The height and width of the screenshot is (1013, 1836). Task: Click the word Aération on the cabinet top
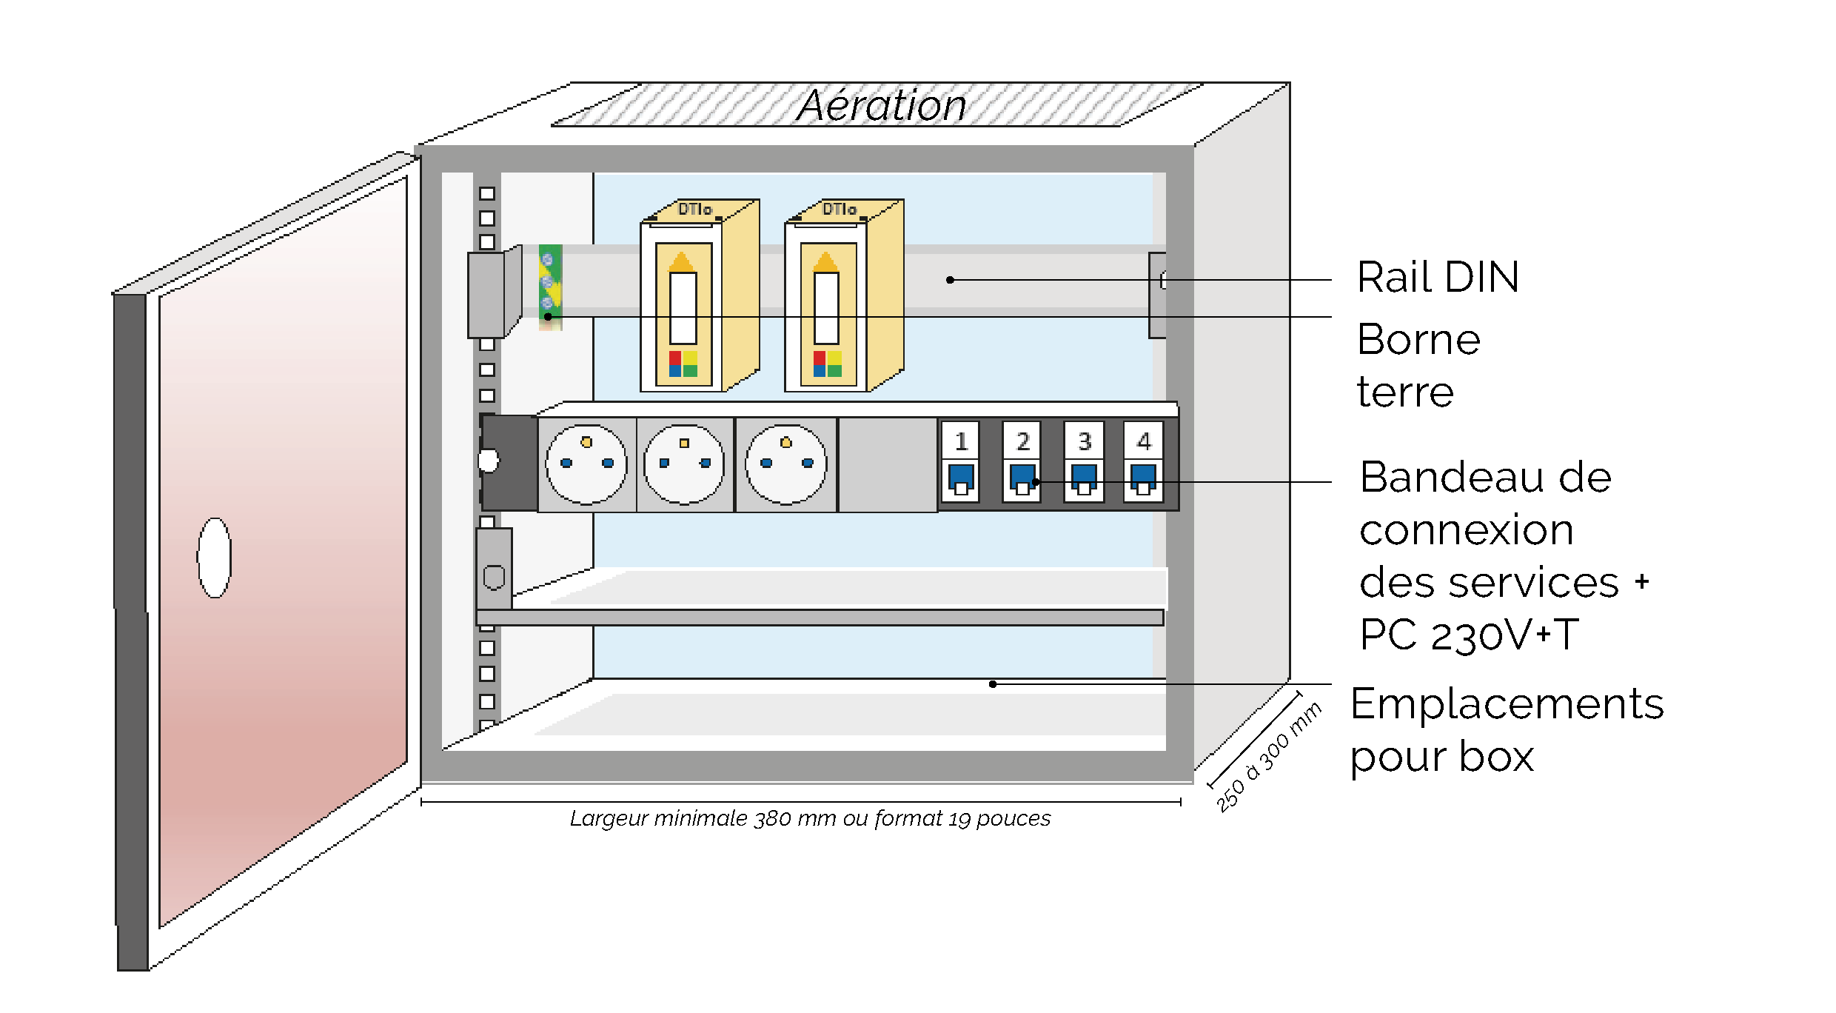click(881, 105)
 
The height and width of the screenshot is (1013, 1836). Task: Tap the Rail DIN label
click(1438, 278)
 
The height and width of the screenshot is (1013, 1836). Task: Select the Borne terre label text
click(1418, 365)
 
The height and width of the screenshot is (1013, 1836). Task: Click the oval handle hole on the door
click(215, 558)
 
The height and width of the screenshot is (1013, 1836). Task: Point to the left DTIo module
click(698, 296)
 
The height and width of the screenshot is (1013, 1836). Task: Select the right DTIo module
click(842, 296)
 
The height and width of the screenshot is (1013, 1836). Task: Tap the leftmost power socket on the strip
click(586, 464)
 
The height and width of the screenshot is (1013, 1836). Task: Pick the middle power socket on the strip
click(684, 464)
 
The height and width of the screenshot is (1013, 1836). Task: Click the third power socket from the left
click(786, 464)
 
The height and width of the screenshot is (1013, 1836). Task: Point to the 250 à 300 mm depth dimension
click(1268, 757)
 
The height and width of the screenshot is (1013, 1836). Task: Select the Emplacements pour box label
click(1506, 730)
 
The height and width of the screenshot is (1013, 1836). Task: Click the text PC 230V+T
click(1469, 635)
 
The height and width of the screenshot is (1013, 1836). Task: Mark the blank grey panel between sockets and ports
click(888, 464)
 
